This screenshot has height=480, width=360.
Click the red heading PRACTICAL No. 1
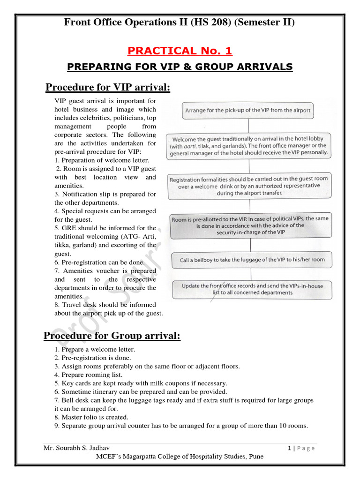180,51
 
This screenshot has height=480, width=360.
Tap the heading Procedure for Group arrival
112,336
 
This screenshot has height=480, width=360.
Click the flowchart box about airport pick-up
248,111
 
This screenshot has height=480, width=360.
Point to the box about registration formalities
248,186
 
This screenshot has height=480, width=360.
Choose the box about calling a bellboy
252,260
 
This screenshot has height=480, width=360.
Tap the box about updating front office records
252,289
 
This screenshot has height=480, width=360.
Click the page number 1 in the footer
289,448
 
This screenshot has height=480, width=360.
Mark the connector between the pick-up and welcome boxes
248,126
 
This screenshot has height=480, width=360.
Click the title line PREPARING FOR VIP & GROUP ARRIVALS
180,67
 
